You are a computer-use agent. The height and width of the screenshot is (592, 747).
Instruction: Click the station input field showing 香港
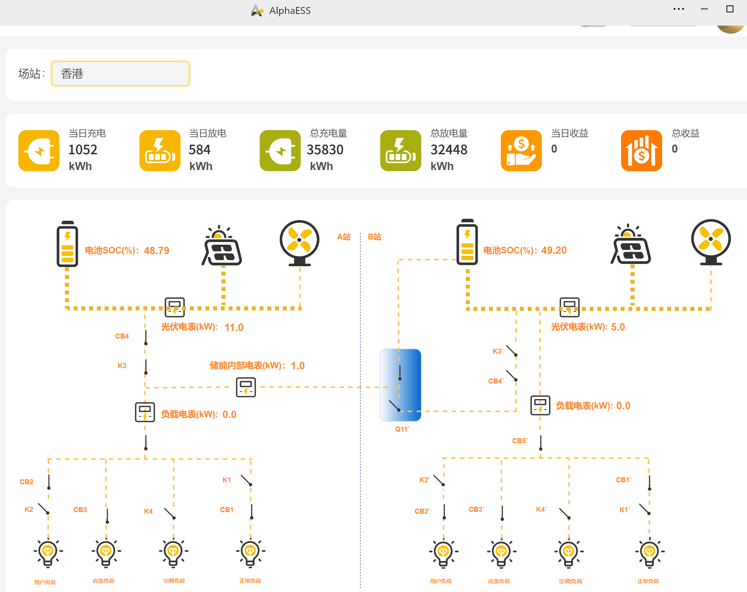pyautogui.click(x=120, y=74)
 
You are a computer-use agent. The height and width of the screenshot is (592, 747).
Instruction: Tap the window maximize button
pyautogui.click(x=730, y=9)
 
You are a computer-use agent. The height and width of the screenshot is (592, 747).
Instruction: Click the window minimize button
pyautogui.click(x=704, y=9)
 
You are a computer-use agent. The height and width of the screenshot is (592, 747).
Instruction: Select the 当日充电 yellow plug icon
pyautogui.click(x=39, y=150)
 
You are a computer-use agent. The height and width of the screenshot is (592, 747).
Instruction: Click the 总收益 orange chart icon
pyautogui.click(x=641, y=150)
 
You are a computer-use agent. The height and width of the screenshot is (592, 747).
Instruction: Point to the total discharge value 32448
pyautogui.click(x=449, y=150)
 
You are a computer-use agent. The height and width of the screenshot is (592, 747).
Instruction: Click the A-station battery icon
pyautogui.click(x=67, y=244)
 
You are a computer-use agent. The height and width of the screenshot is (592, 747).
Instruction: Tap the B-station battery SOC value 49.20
pyautogui.click(x=554, y=250)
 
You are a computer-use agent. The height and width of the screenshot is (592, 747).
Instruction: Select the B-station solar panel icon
pyautogui.click(x=631, y=245)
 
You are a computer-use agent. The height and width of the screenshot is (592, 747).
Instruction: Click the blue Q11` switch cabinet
pyautogui.click(x=400, y=385)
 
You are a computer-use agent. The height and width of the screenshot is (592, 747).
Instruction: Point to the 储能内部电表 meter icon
pyautogui.click(x=246, y=387)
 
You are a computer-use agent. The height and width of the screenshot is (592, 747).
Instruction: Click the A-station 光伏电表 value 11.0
pyautogui.click(x=234, y=327)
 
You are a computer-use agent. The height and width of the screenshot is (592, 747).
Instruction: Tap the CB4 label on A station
pyautogui.click(x=122, y=336)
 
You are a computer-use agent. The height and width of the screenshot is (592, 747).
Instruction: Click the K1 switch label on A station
pyautogui.click(x=227, y=480)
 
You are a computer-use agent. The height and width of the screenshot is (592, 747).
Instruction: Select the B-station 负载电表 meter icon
pyautogui.click(x=540, y=405)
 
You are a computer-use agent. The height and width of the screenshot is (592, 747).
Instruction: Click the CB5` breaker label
pyautogui.click(x=520, y=441)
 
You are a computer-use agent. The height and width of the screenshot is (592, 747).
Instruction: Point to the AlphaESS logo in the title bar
pyautogui.click(x=257, y=10)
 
